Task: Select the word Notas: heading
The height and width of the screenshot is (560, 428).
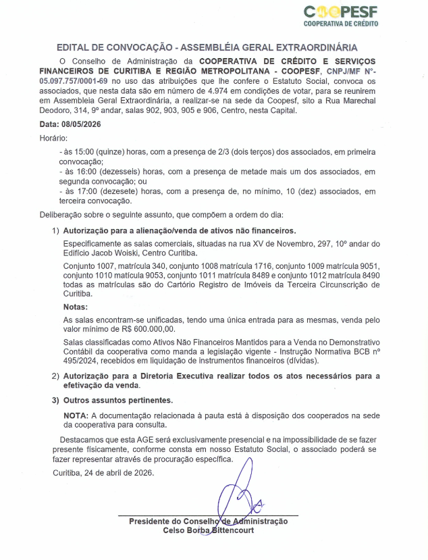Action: [76, 307]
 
